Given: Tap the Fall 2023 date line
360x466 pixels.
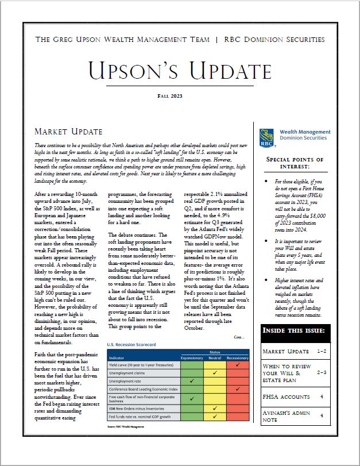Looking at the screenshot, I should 181,95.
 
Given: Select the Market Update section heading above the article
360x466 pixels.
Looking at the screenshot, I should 68,132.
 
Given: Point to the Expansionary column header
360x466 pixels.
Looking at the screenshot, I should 192,357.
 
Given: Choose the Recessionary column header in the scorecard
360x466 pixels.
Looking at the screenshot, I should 237,357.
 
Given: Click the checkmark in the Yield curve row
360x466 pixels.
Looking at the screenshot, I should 237,364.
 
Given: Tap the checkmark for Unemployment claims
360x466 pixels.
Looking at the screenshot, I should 215,372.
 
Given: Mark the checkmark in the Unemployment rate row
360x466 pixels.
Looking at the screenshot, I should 192,380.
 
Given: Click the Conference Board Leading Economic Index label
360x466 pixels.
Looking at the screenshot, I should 144,389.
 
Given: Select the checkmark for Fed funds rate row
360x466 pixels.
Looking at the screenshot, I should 215,417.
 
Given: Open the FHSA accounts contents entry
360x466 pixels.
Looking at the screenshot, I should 287,396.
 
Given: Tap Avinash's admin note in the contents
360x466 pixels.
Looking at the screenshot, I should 287,419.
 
